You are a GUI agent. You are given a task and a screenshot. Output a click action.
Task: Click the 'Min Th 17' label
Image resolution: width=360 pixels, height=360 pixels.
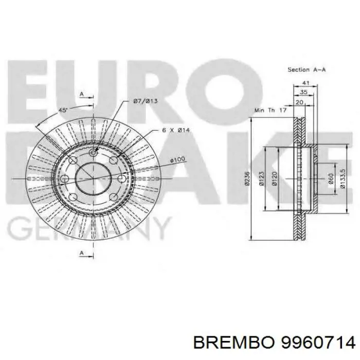click(270, 110)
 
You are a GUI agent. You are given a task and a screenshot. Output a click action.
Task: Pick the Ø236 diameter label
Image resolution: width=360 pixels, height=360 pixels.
click(247, 179)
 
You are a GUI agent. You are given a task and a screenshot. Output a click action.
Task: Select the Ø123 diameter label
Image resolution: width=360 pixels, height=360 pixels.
click(261, 178)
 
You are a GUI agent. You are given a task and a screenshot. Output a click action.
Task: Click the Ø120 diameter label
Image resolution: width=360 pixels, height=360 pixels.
click(276, 178)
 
